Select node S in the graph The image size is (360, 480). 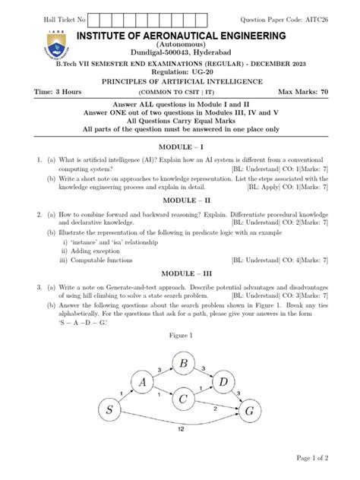[111, 412]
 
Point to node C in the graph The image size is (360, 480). [184, 398]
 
